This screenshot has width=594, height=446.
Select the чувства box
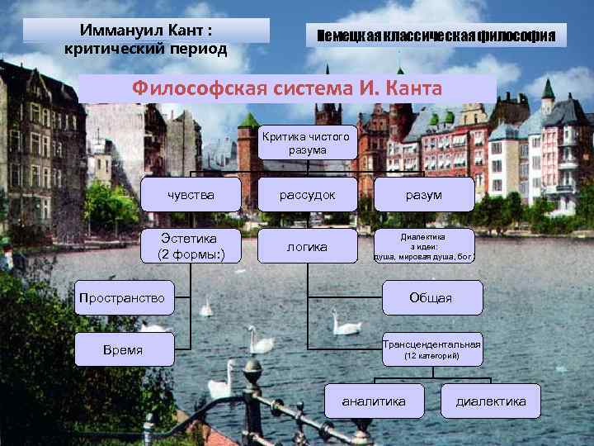pyautogui.click(x=191, y=195)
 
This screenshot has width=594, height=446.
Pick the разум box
pyautogui.click(x=424, y=195)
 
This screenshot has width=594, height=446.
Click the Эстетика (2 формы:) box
pyautogui.click(x=191, y=246)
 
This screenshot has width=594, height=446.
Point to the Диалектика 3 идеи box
pyautogui.click(x=424, y=246)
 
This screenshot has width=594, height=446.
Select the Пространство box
pyautogui.click(x=123, y=297)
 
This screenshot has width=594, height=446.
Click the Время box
pyautogui.click(x=123, y=350)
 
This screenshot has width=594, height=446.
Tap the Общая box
pyautogui.click(x=431, y=297)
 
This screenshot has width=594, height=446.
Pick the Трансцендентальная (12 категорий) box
pyautogui.click(x=431, y=350)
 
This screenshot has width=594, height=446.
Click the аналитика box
pyautogui.click(x=374, y=401)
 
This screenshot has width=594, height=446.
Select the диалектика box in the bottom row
pyautogui.click(x=491, y=401)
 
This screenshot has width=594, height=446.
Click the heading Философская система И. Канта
pyautogui.click(x=288, y=88)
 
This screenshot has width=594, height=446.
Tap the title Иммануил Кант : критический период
pyautogui.click(x=146, y=37)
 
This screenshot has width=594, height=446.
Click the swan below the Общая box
pyautogui.click(x=344, y=323)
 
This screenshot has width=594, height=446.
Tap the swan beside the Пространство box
pyautogui.click(x=205, y=308)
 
